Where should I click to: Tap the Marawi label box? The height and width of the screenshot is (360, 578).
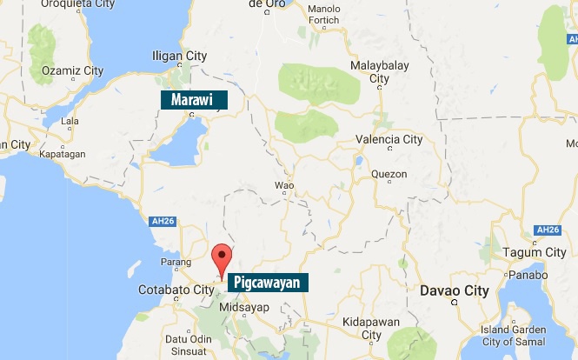pyautogui.click(x=193, y=100)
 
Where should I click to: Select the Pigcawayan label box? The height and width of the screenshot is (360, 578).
pyautogui.click(x=267, y=283)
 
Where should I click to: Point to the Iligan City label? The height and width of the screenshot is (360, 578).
pyautogui.click(x=179, y=57)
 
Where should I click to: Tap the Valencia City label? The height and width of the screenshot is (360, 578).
pyautogui.click(x=389, y=139)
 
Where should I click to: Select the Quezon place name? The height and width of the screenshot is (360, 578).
pyautogui.click(x=389, y=174)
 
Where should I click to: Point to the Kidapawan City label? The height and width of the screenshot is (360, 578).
pyautogui.click(x=372, y=328)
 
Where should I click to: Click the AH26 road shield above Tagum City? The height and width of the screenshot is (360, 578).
pyautogui.click(x=547, y=230)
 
